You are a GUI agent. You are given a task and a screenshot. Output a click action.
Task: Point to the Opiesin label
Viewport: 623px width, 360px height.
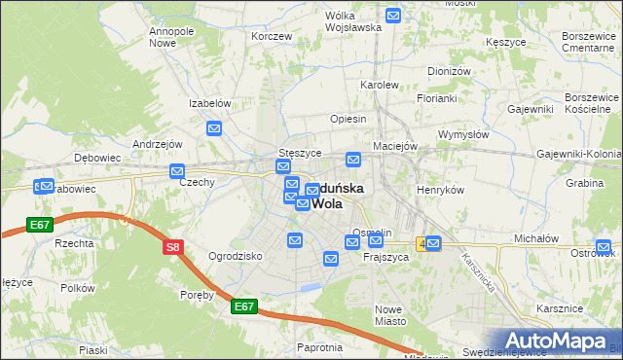pyautogui.click(x=348, y=119)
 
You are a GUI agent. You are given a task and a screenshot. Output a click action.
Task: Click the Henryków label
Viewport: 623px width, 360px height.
pyautogui.click(x=440, y=190)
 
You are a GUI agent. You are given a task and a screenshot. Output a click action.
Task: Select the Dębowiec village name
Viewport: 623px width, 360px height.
pyautogui.click(x=97, y=157)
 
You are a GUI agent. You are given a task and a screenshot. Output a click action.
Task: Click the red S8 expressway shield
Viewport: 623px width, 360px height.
pyautogui.click(x=172, y=247)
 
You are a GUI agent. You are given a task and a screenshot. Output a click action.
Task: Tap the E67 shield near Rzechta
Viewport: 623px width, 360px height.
pyautogui.click(x=39, y=225)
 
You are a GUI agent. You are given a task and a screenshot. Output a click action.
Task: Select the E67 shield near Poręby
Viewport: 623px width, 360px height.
pyautogui.click(x=244, y=306)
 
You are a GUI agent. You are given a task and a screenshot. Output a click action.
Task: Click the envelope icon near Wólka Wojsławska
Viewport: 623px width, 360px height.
pyautogui.click(x=393, y=16)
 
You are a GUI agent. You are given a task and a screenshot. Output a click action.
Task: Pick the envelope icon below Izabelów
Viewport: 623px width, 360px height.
pyautogui.click(x=214, y=128)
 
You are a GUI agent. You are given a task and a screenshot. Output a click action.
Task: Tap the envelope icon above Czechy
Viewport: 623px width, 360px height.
pyautogui.click(x=177, y=171)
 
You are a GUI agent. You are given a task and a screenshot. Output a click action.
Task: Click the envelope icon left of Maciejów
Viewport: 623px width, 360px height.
pyautogui.click(x=354, y=160)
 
